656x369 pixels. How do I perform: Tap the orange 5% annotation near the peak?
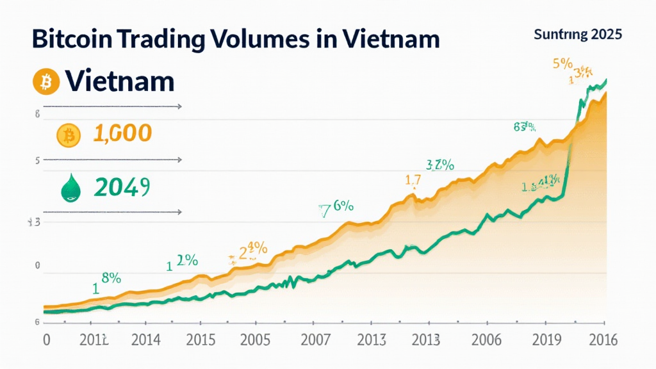point(562,64)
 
